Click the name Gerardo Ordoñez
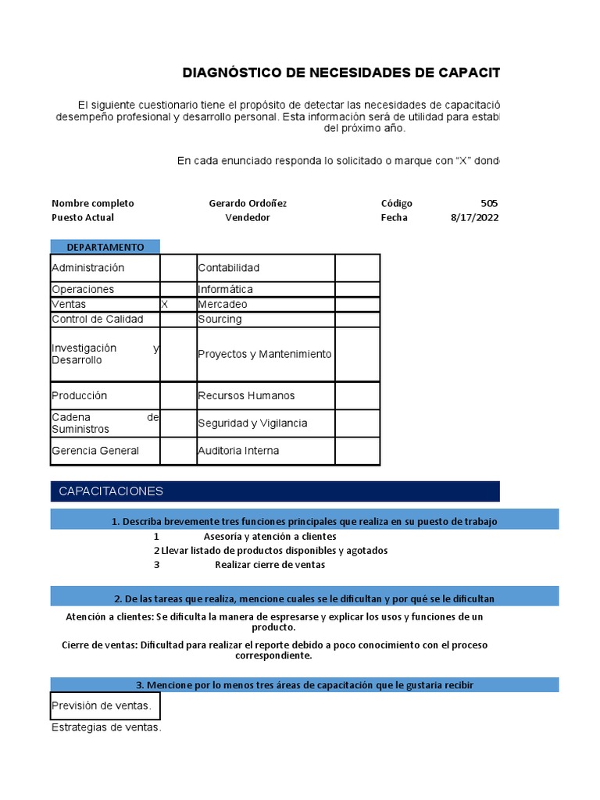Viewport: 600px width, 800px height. point(248,203)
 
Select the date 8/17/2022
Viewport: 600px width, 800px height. point(473,218)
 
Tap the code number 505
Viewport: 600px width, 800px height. point(488,203)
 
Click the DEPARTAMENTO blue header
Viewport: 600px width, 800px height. point(105,247)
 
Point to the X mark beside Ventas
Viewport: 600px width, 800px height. point(164,305)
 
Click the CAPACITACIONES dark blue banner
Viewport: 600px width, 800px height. point(274,491)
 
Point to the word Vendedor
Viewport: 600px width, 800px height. point(248,218)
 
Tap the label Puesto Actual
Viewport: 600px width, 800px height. point(83,218)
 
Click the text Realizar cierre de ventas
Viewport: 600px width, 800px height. point(270,565)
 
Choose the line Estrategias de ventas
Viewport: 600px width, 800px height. point(106,728)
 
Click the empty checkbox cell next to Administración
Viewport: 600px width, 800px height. point(178,268)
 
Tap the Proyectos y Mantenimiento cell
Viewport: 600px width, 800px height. point(265,354)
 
